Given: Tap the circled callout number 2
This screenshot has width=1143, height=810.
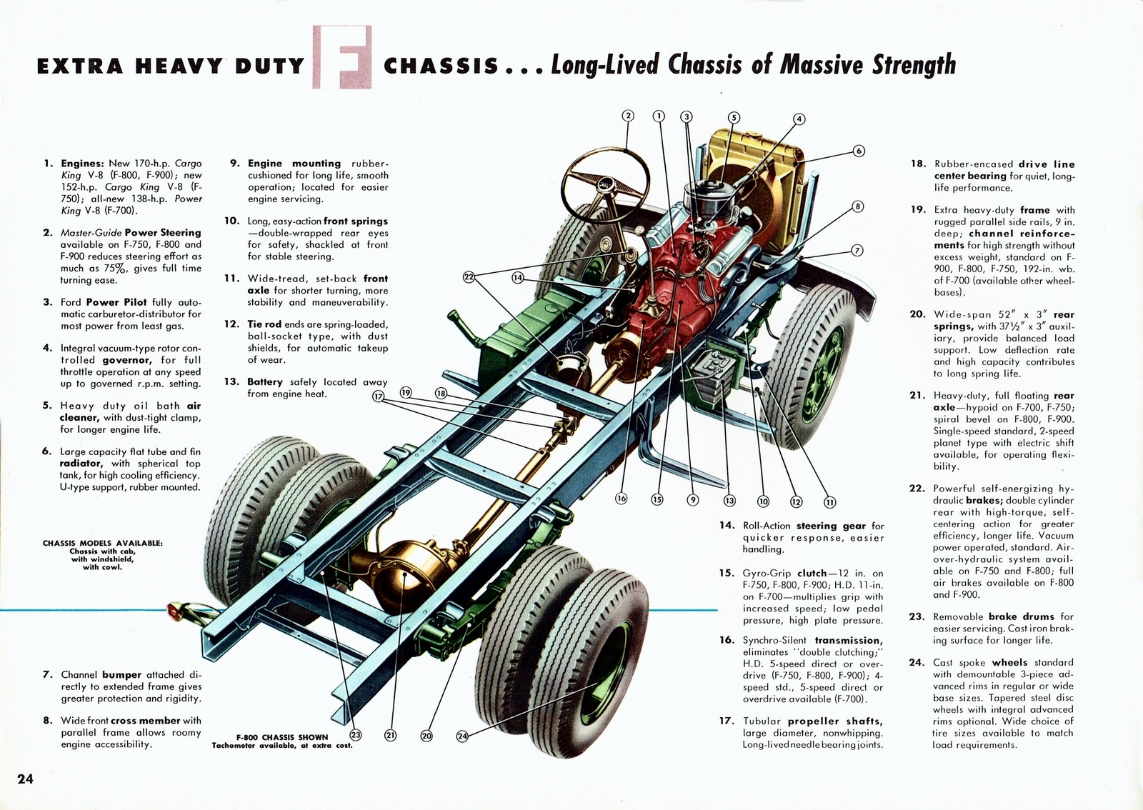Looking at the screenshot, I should [628, 116].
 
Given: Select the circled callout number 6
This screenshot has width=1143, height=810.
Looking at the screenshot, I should [858, 151].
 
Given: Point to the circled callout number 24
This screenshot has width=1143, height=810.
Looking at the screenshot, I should [462, 736].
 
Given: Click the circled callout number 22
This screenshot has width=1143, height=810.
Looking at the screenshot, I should [469, 277].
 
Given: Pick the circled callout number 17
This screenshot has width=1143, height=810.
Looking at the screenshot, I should [378, 396].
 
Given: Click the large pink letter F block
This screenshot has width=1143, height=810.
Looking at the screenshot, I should [342, 57].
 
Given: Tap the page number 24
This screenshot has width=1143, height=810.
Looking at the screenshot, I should [25, 779].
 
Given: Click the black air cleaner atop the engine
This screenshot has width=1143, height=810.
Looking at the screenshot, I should [707, 196].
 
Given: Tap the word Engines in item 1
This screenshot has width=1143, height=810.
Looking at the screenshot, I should [82, 164].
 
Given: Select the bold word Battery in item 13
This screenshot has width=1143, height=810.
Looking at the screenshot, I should [265, 382].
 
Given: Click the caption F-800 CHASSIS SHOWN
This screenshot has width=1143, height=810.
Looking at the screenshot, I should [282, 737].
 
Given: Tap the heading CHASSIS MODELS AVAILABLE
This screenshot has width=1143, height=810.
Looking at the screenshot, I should [103, 543].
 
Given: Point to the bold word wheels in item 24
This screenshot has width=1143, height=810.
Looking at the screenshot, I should [1009, 663].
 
